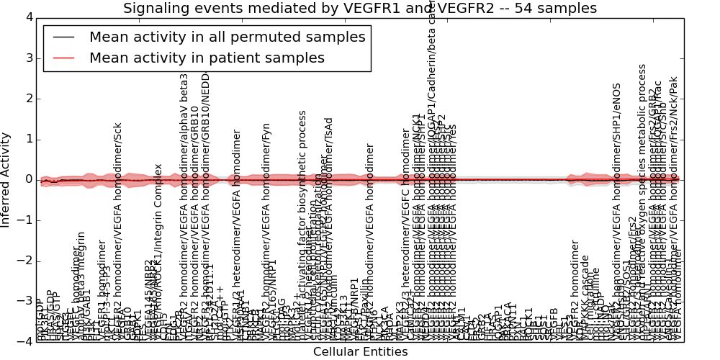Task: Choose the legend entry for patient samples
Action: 207,58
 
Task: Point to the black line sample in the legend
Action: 63,37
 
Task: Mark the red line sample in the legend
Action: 63,58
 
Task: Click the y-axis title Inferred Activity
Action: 6,180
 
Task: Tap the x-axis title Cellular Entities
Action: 360,352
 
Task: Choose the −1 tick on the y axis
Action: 24,220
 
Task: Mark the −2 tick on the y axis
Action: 24,261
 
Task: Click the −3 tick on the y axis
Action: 24,301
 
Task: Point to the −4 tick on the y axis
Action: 24,342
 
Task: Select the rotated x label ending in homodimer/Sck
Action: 118,230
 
